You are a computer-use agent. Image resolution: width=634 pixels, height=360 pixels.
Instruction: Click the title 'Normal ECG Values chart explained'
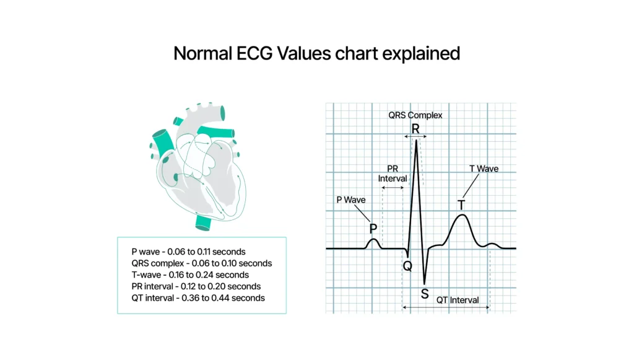click(316, 53)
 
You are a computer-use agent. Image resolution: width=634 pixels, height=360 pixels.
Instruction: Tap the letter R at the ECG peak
click(415, 129)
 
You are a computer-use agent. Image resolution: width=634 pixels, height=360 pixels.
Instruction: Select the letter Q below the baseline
click(407, 266)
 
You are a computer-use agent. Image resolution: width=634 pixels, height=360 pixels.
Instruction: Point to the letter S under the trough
click(424, 294)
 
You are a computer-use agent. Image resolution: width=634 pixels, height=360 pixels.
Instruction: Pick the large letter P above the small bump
click(373, 229)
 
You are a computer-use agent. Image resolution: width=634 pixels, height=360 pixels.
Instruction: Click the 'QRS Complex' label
click(415, 115)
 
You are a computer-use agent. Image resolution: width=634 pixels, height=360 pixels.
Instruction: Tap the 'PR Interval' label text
click(393, 173)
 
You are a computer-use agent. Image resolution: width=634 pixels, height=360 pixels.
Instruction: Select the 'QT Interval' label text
click(458, 300)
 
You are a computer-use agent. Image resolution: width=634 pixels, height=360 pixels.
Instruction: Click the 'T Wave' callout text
click(484, 169)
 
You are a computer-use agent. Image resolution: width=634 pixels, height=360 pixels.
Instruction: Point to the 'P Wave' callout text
click(350, 200)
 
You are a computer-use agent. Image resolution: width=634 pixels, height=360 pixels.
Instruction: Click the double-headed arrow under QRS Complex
click(416, 136)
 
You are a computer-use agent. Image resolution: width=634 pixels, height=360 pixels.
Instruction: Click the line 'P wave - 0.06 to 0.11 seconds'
click(188, 252)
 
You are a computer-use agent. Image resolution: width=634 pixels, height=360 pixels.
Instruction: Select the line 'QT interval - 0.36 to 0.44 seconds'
click(198, 298)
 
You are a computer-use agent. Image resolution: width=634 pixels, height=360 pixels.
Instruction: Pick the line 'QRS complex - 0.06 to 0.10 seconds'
click(201, 263)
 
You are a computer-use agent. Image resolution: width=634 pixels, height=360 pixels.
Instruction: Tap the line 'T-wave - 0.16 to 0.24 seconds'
click(190, 274)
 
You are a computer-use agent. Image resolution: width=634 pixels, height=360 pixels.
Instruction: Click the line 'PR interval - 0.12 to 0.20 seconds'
click(196, 286)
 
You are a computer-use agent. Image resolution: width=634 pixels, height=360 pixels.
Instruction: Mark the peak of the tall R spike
click(416, 141)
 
